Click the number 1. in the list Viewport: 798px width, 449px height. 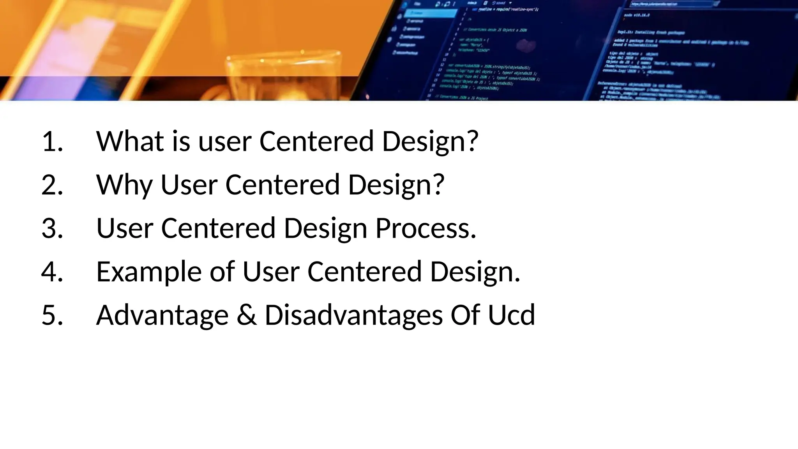tap(52, 141)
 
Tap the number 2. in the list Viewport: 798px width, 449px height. tap(52, 185)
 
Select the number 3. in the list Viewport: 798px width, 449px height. tap(52, 228)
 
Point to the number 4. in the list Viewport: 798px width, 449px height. tap(52, 272)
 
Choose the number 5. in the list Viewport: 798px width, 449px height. tap(52, 315)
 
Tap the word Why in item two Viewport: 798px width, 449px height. tap(124, 186)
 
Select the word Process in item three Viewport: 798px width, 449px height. tap(425, 228)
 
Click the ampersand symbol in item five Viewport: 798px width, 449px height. tap(247, 315)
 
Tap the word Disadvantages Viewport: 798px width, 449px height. tap(353, 315)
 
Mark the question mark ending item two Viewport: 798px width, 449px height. tap(438, 185)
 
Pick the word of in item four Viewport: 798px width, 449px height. tap(222, 272)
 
